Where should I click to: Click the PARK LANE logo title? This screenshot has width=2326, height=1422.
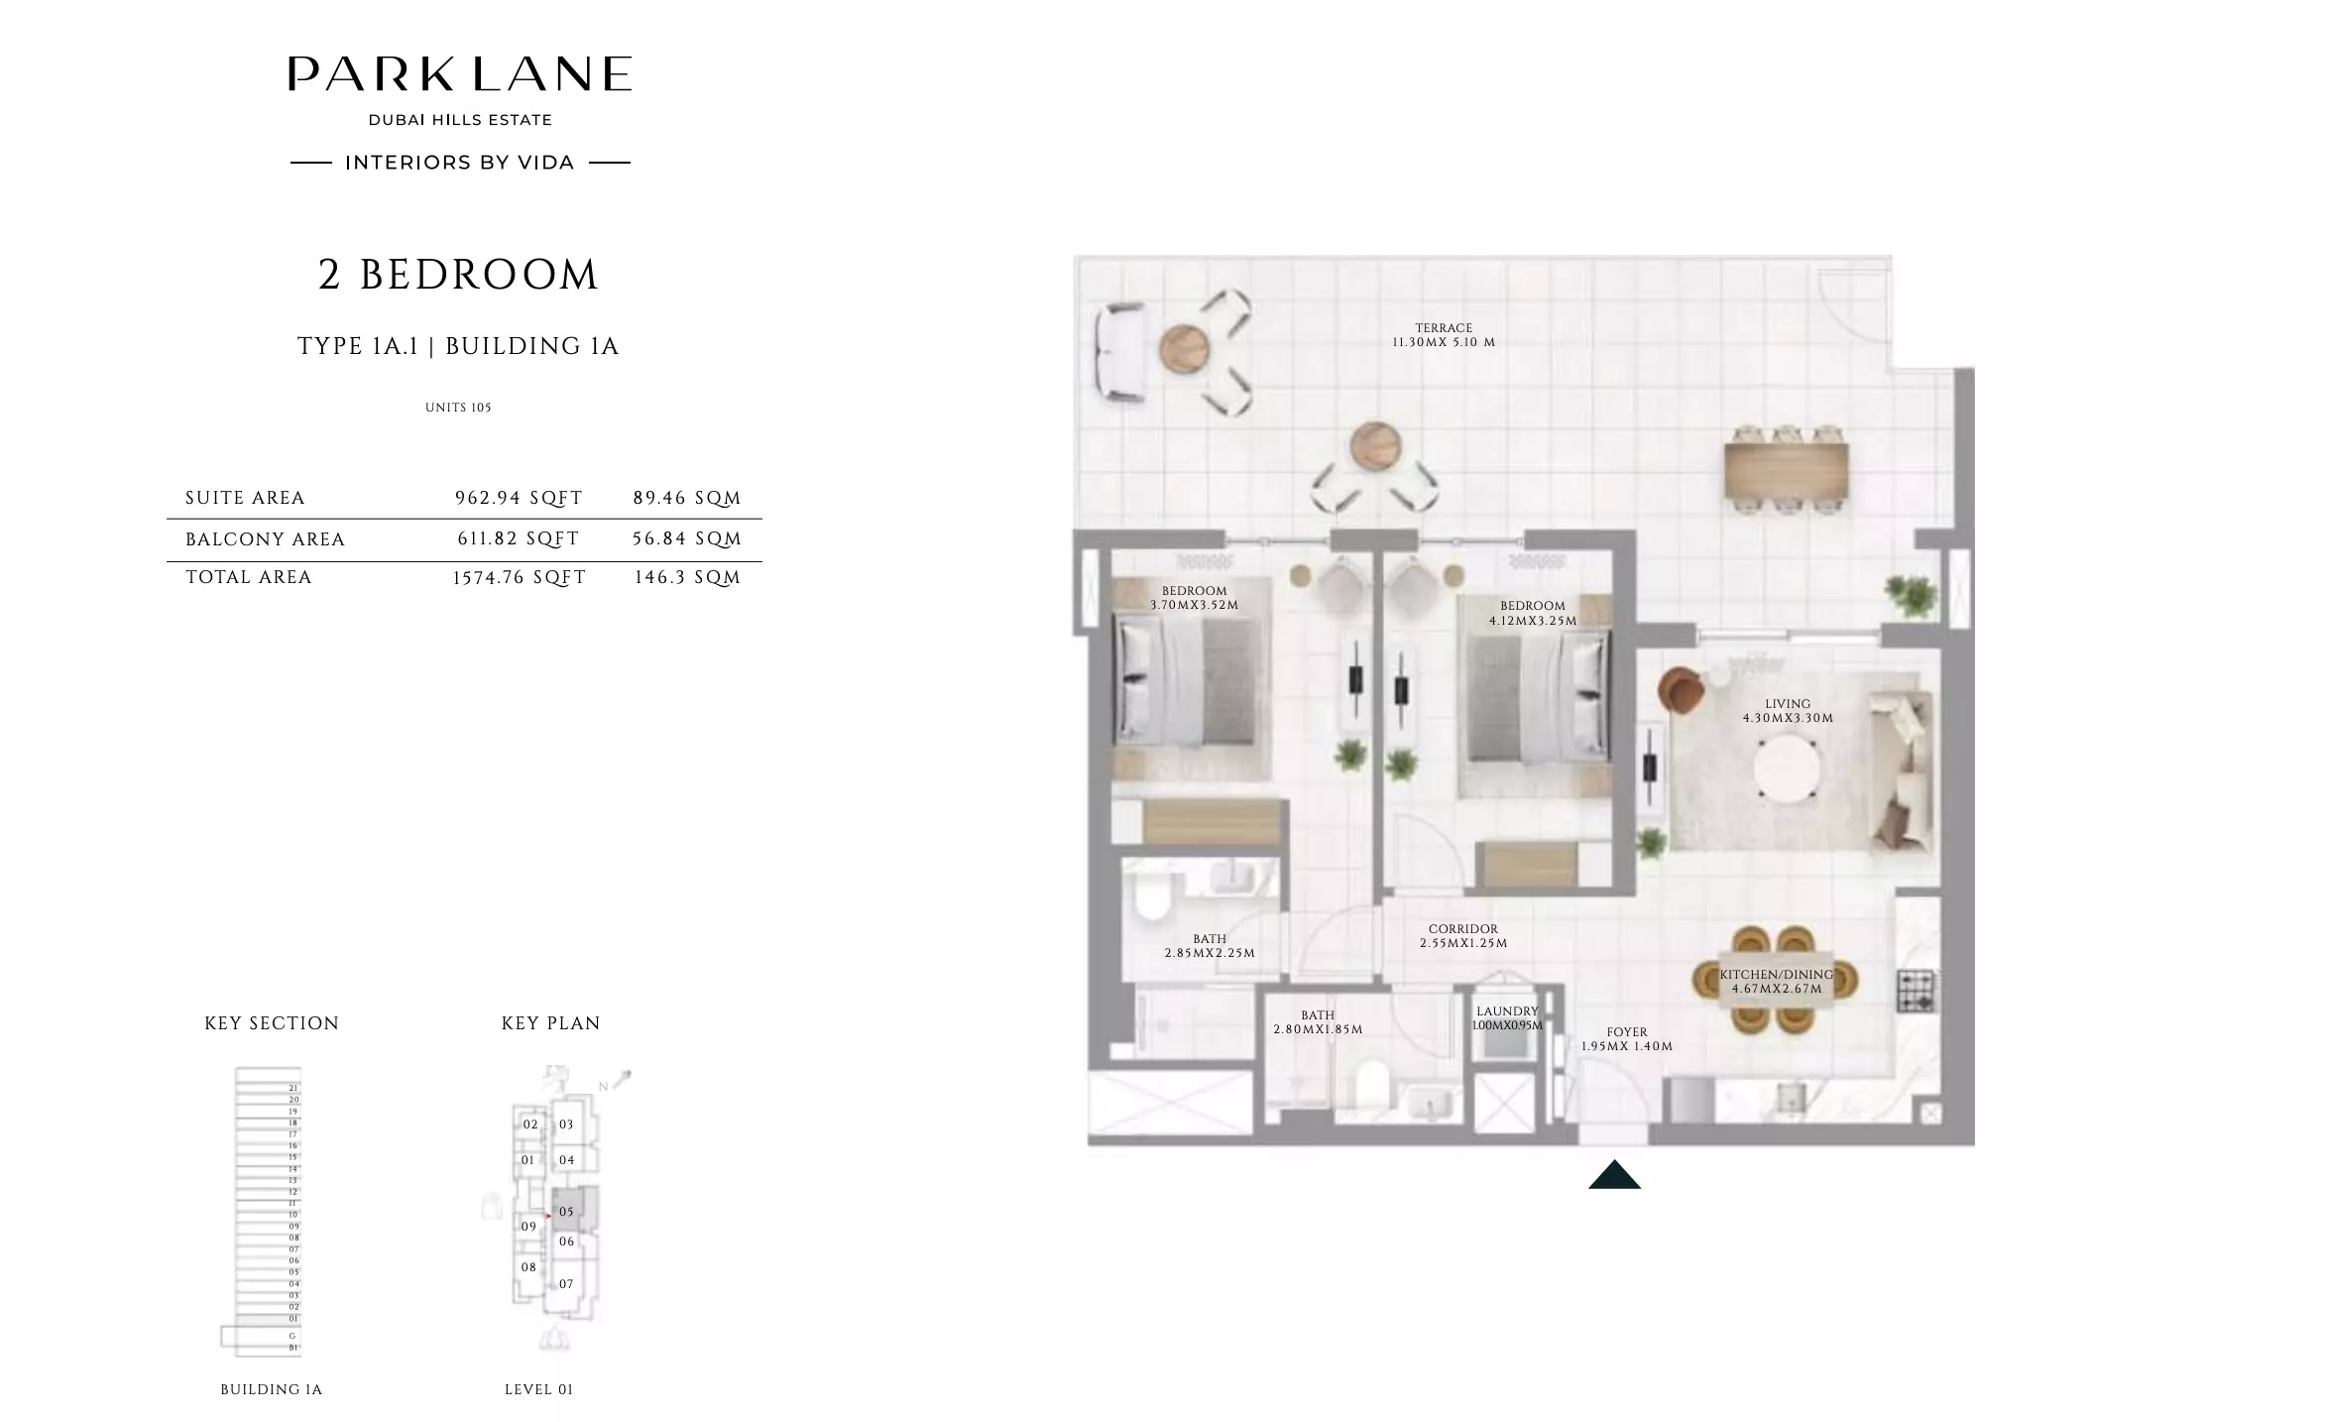click(459, 74)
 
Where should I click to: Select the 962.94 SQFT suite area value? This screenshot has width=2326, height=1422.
click(519, 498)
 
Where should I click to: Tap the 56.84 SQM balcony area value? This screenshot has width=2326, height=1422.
click(686, 538)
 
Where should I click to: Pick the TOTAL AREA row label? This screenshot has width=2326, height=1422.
click(249, 577)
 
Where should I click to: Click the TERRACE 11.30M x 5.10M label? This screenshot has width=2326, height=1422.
click(1444, 335)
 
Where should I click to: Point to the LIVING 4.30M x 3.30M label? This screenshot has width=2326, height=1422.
click(1788, 711)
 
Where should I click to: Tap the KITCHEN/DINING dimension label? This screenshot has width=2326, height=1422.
click(1776, 982)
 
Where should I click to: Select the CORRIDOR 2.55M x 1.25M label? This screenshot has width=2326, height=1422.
click(1463, 936)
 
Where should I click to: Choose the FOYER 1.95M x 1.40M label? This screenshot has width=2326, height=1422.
click(1627, 1039)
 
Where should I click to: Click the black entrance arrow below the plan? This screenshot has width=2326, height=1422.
click(1614, 1175)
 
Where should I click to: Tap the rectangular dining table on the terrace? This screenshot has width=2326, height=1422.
click(1787, 471)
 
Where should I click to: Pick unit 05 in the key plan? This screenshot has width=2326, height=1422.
click(566, 1211)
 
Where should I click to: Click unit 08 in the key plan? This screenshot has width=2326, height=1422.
click(528, 1267)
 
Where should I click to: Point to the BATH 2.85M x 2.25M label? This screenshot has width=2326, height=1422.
click(1210, 946)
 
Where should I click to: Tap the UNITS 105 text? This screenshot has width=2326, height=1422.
click(458, 408)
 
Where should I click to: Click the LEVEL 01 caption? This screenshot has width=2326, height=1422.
click(538, 1389)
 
